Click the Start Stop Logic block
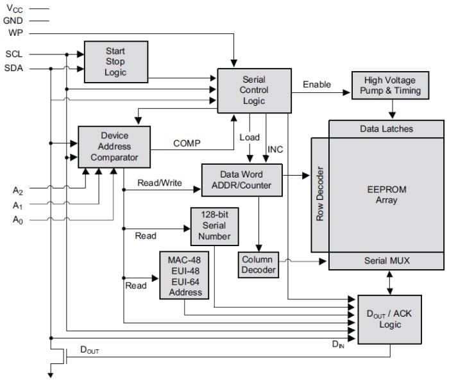pyautogui.click(x=115, y=62)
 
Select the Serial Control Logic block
pyautogui.click(x=254, y=90)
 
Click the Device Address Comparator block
pyautogui.click(x=114, y=147)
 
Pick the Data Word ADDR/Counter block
pyautogui.click(x=241, y=180)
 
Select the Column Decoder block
pyautogui.click(x=257, y=265)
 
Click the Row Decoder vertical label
pyautogui.click(x=320, y=194)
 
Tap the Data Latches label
pyautogui.click(x=386, y=129)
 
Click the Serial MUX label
pyautogui.click(x=386, y=260)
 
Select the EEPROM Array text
pyautogui.click(x=387, y=195)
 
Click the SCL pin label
pyautogui.click(x=14, y=54)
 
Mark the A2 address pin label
pyautogui.click(x=18, y=190)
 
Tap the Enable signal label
pyautogui.click(x=317, y=85)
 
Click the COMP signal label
pyautogui.click(x=187, y=144)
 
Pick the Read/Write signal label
pyautogui.click(x=160, y=183)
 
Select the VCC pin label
pyautogui.click(x=17, y=10)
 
